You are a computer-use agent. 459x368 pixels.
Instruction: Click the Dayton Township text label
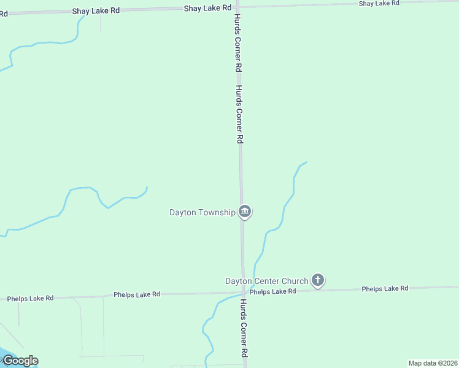pos(202,213)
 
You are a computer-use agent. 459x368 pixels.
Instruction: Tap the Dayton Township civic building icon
pos(245,212)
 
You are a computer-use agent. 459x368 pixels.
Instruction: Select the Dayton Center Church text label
pos(266,282)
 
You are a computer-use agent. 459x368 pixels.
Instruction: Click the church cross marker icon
pos(317,281)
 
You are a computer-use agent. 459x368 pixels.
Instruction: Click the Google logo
pos(20,361)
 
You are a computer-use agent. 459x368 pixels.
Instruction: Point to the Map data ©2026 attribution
pos(433,363)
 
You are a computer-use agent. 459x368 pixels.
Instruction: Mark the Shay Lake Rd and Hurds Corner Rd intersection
pos(237,8)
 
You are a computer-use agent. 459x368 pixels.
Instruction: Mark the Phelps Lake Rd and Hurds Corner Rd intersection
pos(244,292)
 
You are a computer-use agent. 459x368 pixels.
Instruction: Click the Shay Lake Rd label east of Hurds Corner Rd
pos(379,4)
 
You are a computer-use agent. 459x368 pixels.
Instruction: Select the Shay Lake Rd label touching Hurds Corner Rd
pos(207,8)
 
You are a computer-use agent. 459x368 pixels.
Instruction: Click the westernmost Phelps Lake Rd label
pos(30,299)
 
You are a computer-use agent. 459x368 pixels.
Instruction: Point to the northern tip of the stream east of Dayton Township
pos(306,163)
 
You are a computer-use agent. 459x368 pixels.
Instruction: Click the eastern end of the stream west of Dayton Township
pos(147,187)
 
